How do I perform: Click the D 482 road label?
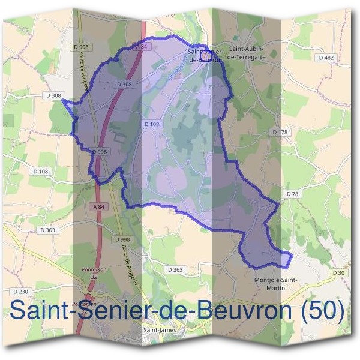(x=326, y=58)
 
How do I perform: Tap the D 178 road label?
(x=280, y=132)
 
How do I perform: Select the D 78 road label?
(x=292, y=194)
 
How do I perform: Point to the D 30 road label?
(x=339, y=272)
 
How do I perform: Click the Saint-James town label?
(x=159, y=329)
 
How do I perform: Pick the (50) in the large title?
(x=322, y=310)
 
